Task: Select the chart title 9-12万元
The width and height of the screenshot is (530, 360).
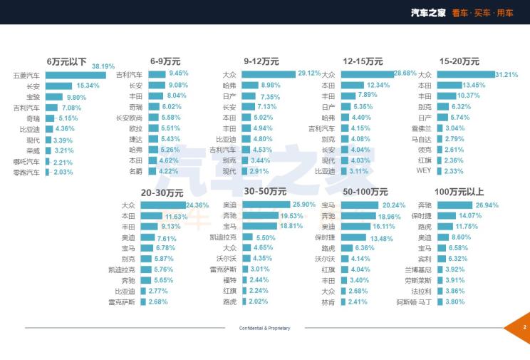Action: point(261,61)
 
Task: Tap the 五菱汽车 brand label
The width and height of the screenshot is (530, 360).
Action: point(26,76)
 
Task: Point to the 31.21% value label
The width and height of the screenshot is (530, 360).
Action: point(506,74)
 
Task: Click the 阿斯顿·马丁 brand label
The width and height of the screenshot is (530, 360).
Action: point(413,302)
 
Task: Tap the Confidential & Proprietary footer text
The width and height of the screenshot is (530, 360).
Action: point(265,328)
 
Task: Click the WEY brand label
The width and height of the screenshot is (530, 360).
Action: point(425,171)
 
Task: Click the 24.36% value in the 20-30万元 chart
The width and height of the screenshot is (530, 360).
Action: point(197,205)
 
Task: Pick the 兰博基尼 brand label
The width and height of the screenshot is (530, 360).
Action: point(417,269)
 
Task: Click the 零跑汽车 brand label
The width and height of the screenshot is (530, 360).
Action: point(26,172)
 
